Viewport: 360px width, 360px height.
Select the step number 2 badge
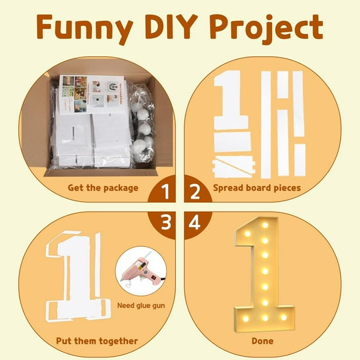(195, 190)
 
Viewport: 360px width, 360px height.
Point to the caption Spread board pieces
(258, 187)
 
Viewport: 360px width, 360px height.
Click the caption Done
(263, 341)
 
